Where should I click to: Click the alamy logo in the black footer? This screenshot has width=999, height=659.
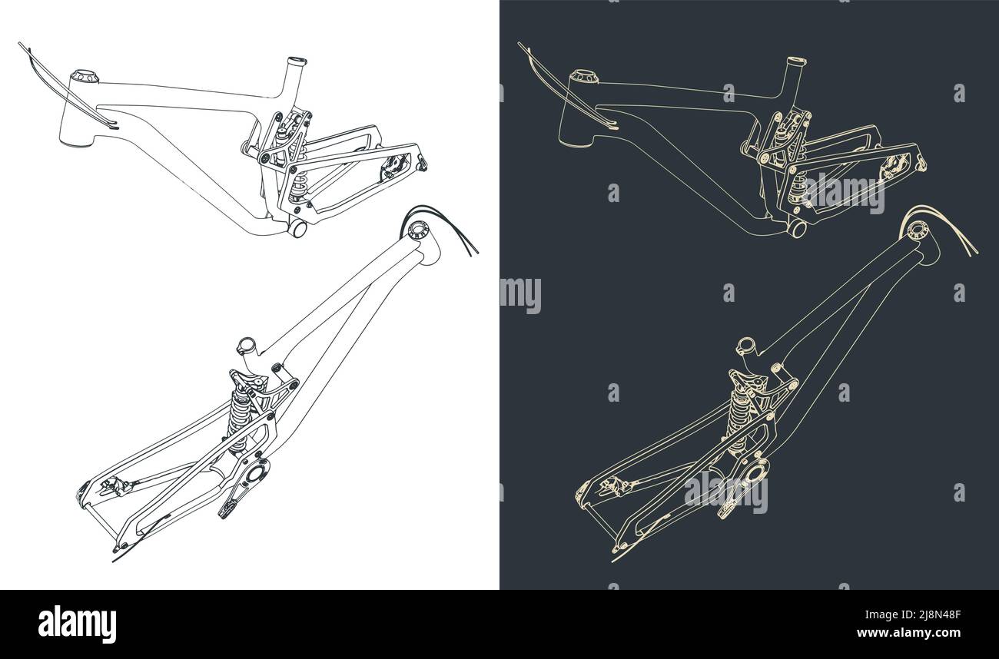[x=77, y=624]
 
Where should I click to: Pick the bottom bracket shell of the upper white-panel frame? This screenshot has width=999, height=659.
[x=297, y=228]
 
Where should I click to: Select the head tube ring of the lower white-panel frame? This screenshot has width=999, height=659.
[x=419, y=229]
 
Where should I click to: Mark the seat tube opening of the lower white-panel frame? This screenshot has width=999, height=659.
[x=245, y=343]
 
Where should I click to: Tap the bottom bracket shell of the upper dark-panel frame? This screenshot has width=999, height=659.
[x=796, y=228]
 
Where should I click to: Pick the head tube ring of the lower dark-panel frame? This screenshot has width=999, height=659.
[x=918, y=229]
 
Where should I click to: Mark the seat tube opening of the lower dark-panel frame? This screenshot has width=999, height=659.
[x=744, y=343]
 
